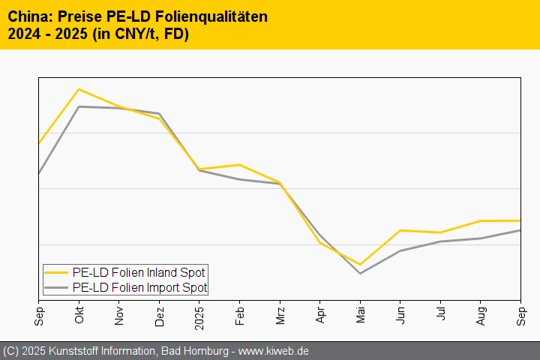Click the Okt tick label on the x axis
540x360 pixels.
click(x=79, y=316)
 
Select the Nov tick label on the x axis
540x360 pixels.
click(x=119, y=316)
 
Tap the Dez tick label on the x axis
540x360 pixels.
click(x=159, y=316)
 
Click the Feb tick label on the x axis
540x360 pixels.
click(x=239, y=316)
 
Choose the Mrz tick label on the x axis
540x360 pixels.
click(x=280, y=316)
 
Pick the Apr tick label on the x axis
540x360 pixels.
click(x=320, y=316)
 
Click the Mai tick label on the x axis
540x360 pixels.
click(x=361, y=316)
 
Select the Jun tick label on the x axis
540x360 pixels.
click(x=400, y=316)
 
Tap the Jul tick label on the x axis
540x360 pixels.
click(x=441, y=315)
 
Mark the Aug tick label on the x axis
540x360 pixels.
click(x=481, y=316)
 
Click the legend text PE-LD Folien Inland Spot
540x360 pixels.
click(x=139, y=272)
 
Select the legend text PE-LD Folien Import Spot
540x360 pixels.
click(x=139, y=287)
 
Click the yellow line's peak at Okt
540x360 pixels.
click(x=79, y=89)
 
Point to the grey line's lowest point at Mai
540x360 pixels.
click(x=361, y=273)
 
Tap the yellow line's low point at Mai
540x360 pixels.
click(x=361, y=264)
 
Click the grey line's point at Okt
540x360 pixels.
click(x=79, y=106)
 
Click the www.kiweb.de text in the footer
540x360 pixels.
click(x=274, y=351)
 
